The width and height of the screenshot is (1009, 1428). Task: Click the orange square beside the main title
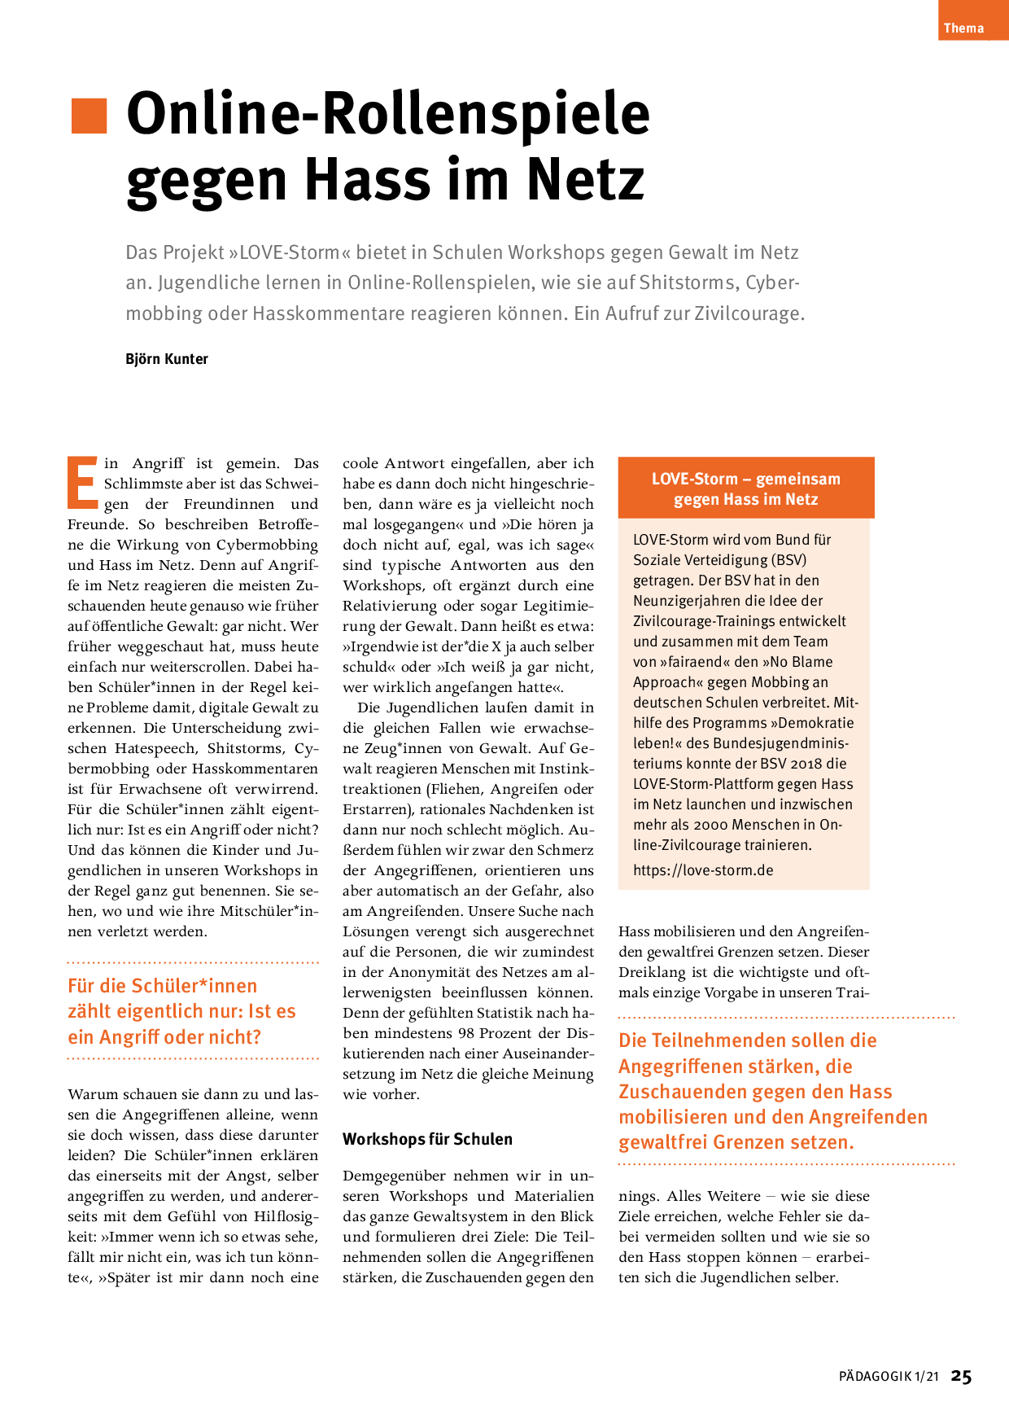[x=89, y=116]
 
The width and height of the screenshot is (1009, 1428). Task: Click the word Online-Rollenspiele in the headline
[x=388, y=113]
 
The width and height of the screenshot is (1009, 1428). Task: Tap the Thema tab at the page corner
[x=964, y=28]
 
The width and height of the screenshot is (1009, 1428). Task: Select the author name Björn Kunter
[x=167, y=359]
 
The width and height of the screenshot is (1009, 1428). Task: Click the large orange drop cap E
[x=83, y=481]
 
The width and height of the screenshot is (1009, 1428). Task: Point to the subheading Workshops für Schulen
[x=427, y=1139]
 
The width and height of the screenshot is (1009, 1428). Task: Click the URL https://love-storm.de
[x=703, y=870]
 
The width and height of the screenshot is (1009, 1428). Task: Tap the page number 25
[x=962, y=1377]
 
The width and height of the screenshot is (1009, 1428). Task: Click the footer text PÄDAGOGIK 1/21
[x=889, y=1377]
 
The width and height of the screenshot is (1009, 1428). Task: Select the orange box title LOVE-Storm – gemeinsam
[x=745, y=479]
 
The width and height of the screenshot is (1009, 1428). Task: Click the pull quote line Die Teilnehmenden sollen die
[x=747, y=1040]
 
